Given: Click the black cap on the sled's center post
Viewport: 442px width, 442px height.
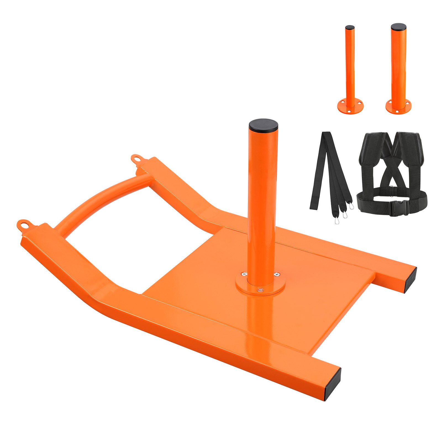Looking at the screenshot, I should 263,125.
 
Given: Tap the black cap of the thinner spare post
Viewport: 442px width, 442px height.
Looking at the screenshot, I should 350,28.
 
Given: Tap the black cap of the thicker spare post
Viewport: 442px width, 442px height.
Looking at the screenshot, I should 398,27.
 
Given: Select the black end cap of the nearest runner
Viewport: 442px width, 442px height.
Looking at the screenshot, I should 333,384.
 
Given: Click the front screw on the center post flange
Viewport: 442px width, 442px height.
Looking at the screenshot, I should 260,290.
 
